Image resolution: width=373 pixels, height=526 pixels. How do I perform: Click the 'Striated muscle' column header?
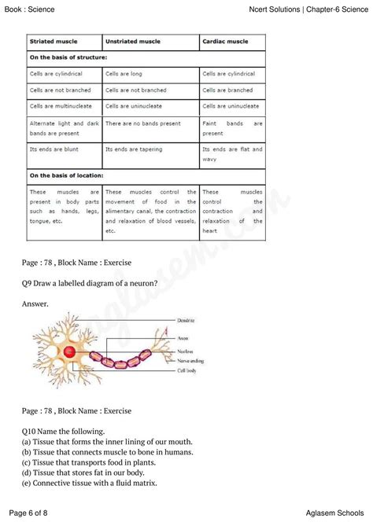click(x=54, y=41)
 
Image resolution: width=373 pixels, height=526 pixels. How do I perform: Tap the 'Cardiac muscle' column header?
click(x=226, y=41)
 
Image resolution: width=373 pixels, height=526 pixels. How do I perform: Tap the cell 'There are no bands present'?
click(x=142, y=123)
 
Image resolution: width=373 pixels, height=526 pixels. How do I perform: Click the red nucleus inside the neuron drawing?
click(x=69, y=352)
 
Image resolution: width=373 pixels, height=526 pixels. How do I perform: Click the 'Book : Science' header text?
click(x=34, y=8)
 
